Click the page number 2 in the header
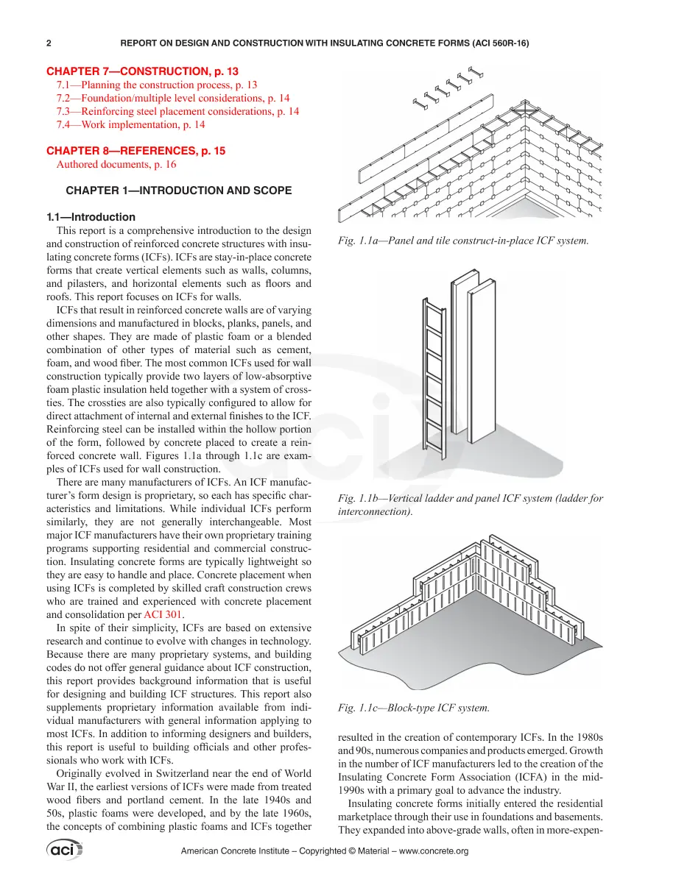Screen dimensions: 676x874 49,43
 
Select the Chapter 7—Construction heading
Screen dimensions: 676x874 142,71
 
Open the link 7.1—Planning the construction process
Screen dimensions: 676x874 157,85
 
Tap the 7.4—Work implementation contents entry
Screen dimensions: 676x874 130,124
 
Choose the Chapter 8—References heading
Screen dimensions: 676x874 135,151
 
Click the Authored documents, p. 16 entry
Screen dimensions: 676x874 116,165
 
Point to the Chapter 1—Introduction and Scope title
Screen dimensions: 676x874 178,191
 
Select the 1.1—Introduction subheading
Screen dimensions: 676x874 91,217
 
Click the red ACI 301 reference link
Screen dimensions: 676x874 162,615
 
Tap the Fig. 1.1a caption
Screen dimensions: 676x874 463,241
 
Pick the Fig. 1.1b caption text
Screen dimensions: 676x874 471,505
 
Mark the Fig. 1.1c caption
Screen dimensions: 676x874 413,708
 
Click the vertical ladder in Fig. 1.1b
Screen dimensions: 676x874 434,378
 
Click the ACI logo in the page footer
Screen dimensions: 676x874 64,850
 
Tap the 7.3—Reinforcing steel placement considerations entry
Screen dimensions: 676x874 177,112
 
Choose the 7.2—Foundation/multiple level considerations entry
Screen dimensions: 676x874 173,98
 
